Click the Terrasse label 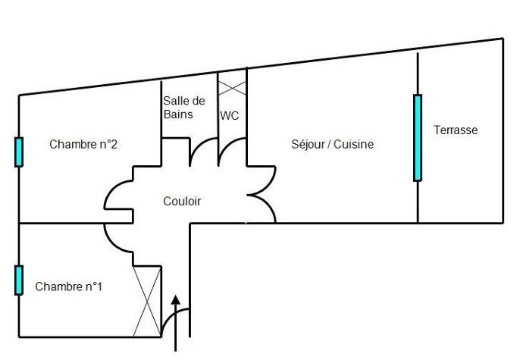click(x=456, y=130)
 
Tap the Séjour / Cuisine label click(x=333, y=144)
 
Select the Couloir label click(x=183, y=201)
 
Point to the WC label click(x=230, y=116)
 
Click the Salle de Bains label click(x=183, y=108)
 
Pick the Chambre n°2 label click(x=83, y=144)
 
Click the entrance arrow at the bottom click(x=176, y=318)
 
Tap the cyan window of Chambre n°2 click(x=18, y=152)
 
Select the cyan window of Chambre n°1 click(x=18, y=280)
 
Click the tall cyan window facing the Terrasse click(x=417, y=137)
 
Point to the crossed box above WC click(x=233, y=83)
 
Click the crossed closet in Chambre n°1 click(x=148, y=301)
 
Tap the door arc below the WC click(x=232, y=151)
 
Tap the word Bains click(x=178, y=114)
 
